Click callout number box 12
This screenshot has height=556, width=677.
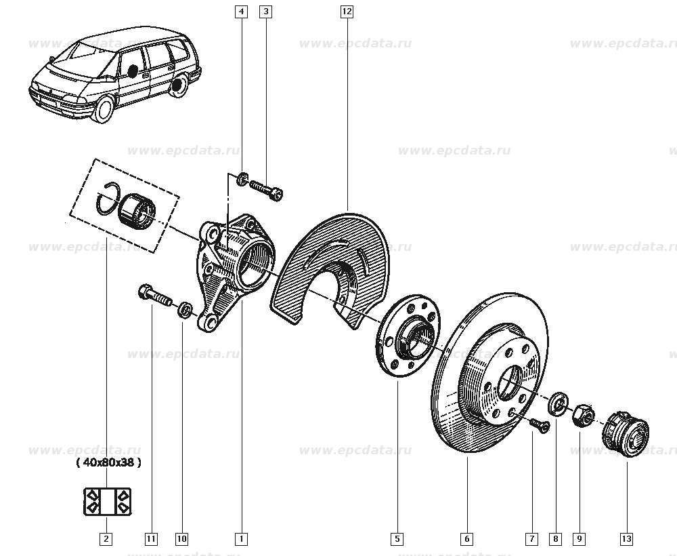point(347,12)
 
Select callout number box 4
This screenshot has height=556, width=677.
point(242,12)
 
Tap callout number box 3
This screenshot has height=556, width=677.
point(265,12)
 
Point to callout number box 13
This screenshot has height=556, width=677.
point(626,538)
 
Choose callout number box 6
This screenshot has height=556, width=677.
point(466,538)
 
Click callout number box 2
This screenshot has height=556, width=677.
point(106,538)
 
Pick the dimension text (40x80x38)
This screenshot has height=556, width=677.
point(108,462)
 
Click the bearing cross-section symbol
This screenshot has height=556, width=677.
point(107,502)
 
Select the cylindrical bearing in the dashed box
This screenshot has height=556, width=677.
point(137,210)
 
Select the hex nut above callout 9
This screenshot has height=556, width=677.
point(582,414)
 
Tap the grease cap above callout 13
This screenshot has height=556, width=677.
point(625,433)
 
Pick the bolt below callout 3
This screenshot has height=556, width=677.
point(266,190)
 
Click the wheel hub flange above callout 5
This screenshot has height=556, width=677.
point(408,336)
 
